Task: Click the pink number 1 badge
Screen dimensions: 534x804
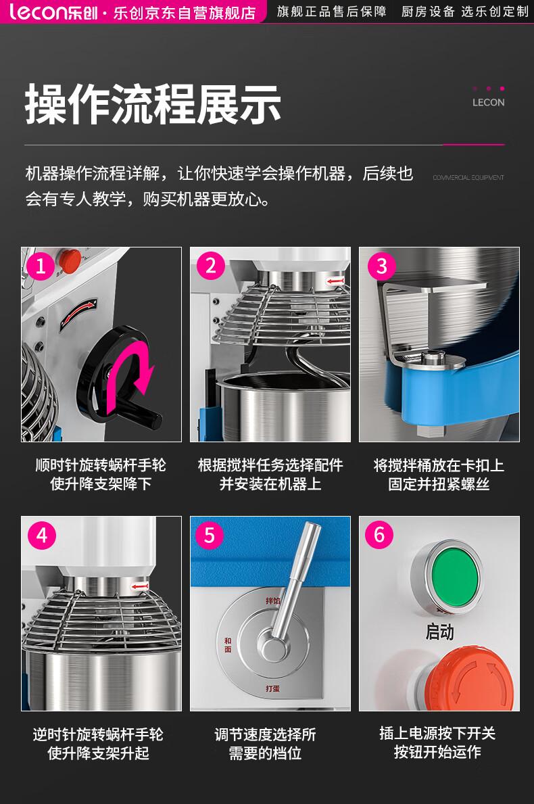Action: [x=41, y=266]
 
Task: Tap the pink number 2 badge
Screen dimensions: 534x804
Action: [x=211, y=266]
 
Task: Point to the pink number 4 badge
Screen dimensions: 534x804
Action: [x=41, y=536]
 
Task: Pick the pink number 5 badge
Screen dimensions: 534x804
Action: [x=210, y=536]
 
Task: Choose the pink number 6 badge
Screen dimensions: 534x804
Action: [x=379, y=534]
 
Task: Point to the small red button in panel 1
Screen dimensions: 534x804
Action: [x=69, y=260]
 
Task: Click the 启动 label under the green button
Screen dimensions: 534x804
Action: [x=439, y=632]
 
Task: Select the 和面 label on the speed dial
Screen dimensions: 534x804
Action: [x=228, y=645]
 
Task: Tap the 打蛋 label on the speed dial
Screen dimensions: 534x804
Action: [x=272, y=688]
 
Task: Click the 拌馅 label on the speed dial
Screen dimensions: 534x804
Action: [x=272, y=600]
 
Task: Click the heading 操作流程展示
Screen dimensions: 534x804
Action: [x=153, y=105]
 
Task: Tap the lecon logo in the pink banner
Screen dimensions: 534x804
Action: [x=53, y=11]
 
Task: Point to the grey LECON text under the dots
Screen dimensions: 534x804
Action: [x=489, y=103]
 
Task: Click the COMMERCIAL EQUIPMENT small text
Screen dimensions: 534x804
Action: [x=468, y=177]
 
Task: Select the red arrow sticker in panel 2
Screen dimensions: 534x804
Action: [x=335, y=281]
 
